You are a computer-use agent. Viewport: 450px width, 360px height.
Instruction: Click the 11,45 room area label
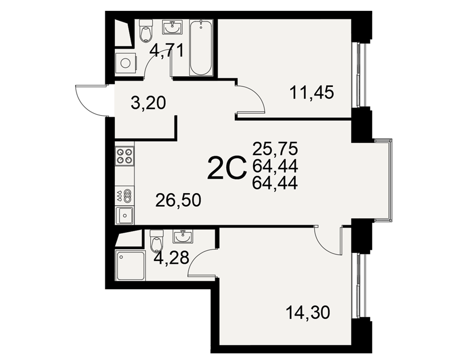312,93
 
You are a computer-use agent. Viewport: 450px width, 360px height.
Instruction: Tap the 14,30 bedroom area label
308,313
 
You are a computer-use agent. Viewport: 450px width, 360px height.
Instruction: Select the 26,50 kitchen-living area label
178,200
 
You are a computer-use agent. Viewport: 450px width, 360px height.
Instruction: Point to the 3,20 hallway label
148,103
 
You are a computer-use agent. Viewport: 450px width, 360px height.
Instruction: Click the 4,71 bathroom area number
167,52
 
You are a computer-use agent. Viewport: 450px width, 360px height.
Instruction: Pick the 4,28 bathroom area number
171,258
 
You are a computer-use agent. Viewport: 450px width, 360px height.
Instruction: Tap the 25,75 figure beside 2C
275,149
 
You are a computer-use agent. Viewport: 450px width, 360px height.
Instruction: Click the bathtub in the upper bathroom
201,48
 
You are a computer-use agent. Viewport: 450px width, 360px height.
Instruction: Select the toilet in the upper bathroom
146,31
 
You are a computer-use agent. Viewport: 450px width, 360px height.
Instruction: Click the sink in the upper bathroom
172,27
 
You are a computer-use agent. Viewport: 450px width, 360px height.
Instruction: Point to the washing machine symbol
126,63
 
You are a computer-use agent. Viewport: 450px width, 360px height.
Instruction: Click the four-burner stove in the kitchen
124,156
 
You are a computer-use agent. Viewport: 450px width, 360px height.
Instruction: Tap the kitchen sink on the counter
124,215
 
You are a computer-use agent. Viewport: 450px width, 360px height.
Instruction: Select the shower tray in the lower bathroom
130,265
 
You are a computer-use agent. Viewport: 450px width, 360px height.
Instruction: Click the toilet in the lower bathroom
157,241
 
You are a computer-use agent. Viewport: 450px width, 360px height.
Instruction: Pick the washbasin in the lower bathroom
183,236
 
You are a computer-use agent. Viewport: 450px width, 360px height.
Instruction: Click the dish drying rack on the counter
124,195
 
